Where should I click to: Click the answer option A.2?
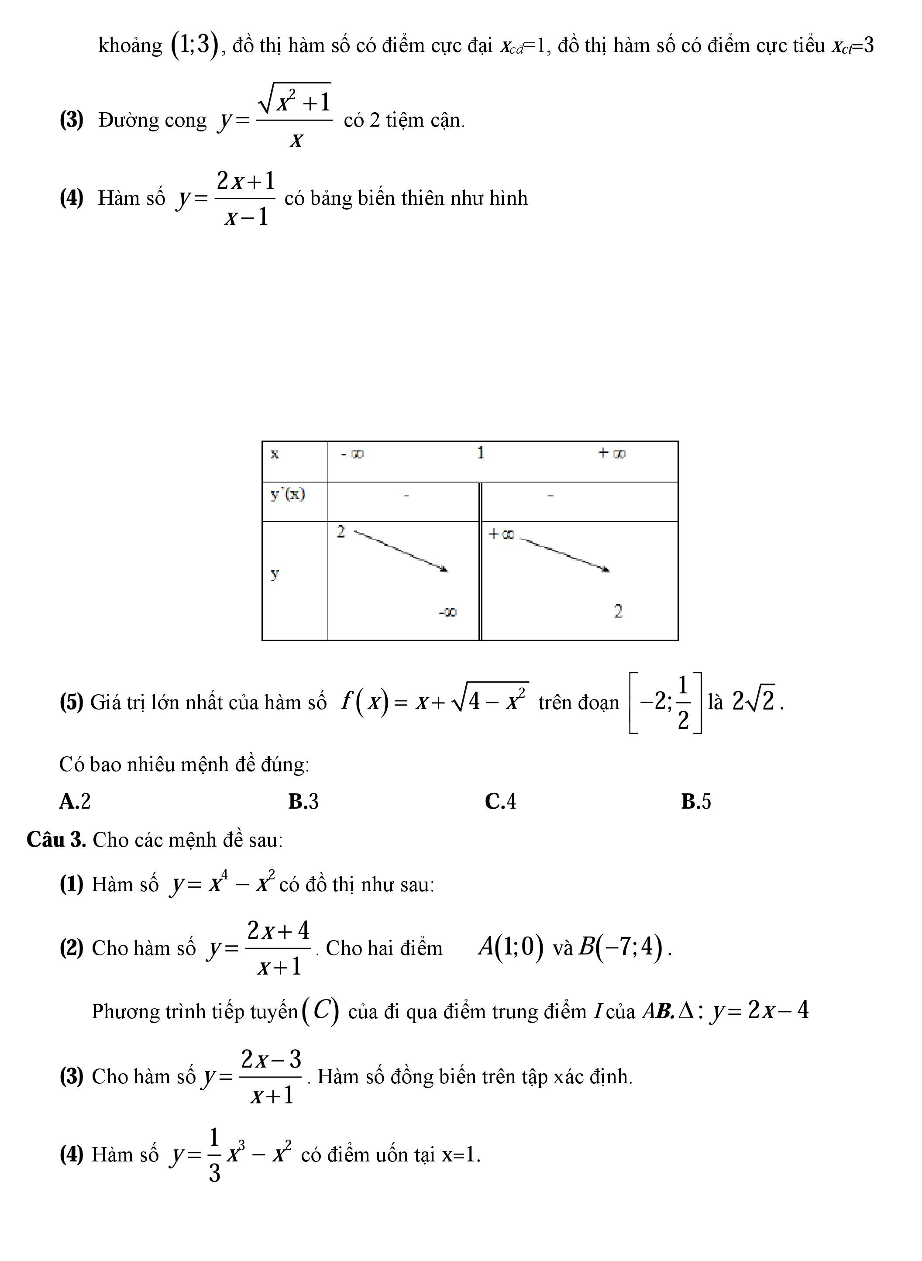pyautogui.click(x=75, y=802)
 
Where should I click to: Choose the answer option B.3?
pyautogui.click(x=303, y=802)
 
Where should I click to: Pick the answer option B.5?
pyautogui.click(x=695, y=802)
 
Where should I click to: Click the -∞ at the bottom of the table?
pyautogui.click(x=447, y=612)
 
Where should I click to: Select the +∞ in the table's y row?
pyautogui.click(x=501, y=534)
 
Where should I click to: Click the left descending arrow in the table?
pyautogui.click(x=401, y=551)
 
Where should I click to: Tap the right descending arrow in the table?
pyautogui.click(x=564, y=554)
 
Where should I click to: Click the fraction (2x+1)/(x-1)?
pyautogui.click(x=246, y=199)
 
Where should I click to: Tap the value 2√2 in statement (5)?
pyautogui.click(x=753, y=701)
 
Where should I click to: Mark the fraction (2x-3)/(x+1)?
pyautogui.click(x=271, y=1077)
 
